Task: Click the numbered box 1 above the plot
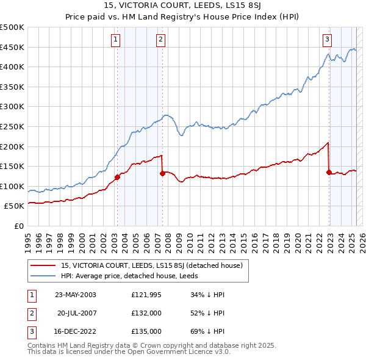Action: tap(116, 40)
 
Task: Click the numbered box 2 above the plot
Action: tap(160, 40)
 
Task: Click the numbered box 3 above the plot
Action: tap(327, 40)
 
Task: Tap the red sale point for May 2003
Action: tap(117, 178)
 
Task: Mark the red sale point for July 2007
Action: tap(162, 173)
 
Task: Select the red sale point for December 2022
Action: tap(329, 172)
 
